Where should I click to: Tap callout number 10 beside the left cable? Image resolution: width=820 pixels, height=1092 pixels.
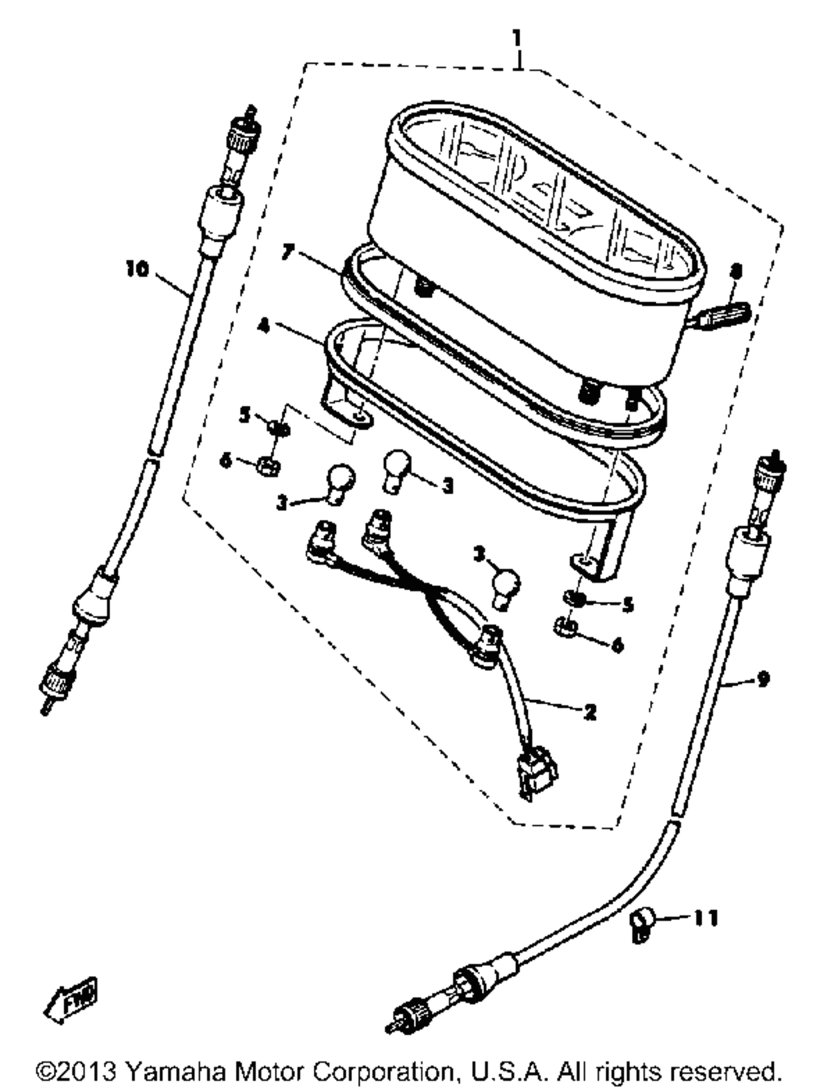[138, 268]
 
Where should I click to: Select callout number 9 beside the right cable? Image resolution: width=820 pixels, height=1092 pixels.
[763, 679]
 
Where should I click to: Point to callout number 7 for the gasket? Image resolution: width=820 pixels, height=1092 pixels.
[286, 252]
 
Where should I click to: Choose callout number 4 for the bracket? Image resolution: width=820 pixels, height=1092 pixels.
[263, 327]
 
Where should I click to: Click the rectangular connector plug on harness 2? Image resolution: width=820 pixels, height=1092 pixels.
[535, 772]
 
